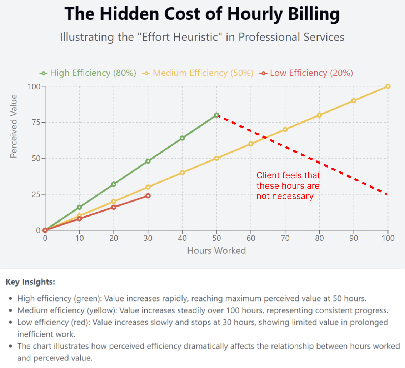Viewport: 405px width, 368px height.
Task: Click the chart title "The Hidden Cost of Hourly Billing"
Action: point(202,14)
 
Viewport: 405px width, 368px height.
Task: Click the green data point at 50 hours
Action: point(216,115)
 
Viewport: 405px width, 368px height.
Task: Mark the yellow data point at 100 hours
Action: point(388,86)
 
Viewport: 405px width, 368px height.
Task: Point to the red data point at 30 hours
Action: point(148,196)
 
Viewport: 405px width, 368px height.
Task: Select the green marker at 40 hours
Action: point(182,138)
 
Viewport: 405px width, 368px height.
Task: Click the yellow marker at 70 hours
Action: point(285,129)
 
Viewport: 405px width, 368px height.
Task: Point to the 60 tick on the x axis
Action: point(251,238)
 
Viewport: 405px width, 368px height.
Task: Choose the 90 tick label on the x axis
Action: point(354,238)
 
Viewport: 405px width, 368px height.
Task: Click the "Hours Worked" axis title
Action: point(216,250)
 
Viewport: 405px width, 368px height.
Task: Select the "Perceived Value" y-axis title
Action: point(14,126)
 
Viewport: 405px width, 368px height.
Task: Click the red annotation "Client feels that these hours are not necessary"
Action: point(288,186)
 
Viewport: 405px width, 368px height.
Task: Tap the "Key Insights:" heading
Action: point(30,282)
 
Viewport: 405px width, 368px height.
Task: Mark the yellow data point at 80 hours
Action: point(319,115)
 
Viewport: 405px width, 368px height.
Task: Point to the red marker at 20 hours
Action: point(114,207)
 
